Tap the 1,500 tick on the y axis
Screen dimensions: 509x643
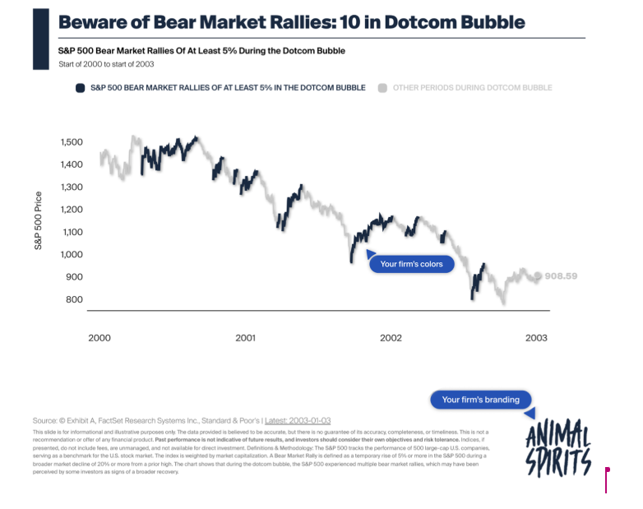click(72, 142)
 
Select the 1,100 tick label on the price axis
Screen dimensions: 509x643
click(72, 232)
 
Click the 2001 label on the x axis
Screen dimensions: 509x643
click(244, 338)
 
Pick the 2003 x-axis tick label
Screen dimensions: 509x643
click(535, 338)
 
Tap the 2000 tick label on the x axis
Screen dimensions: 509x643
click(99, 338)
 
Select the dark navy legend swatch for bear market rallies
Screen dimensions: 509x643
click(80, 87)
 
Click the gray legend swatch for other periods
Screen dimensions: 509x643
click(382, 87)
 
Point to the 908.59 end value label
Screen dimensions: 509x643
click(562, 276)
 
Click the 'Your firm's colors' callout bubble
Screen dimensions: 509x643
click(412, 265)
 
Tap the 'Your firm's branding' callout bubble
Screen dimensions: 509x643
click(481, 400)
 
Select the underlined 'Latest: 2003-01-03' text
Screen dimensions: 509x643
click(298, 420)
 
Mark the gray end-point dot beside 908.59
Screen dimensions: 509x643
click(539, 276)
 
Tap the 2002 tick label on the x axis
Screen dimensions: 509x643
click(391, 338)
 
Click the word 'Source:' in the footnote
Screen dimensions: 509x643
click(47, 420)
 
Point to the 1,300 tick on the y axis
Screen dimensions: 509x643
click(72, 187)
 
